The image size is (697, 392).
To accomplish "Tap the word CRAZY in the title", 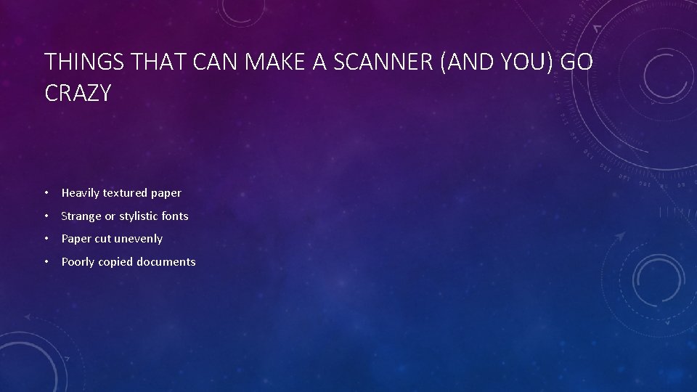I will (x=78, y=93).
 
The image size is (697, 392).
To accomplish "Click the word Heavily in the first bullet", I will (x=81, y=193).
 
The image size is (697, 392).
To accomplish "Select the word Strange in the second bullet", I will (x=81, y=216).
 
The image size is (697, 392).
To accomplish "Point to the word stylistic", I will (x=143, y=216).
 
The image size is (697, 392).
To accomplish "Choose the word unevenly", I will (x=139, y=239).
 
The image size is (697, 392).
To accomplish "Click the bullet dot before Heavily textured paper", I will (x=46, y=193).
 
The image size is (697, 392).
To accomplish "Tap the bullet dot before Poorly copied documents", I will (x=46, y=262).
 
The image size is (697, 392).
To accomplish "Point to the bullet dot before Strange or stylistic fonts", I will (x=46, y=216).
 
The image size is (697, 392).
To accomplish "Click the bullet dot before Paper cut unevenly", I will (x=46, y=239).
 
